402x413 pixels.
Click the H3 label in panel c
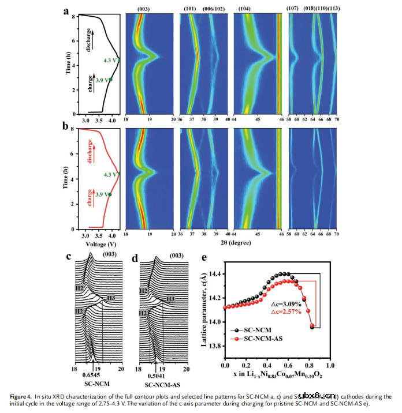(x=109, y=298)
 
